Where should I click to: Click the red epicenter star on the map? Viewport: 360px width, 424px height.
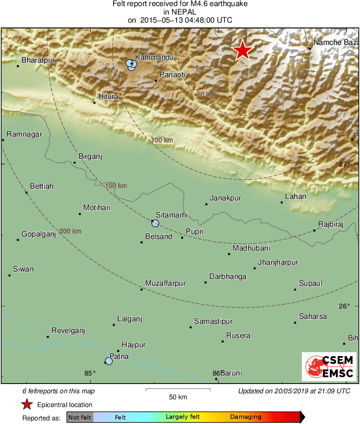click(242, 50)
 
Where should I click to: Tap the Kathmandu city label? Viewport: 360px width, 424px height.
click(154, 57)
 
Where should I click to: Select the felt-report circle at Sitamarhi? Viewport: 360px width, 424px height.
click(155, 223)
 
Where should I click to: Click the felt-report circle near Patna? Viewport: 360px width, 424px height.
click(108, 361)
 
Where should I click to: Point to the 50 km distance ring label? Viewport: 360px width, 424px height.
click(206, 95)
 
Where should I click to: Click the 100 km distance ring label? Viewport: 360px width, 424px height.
click(162, 140)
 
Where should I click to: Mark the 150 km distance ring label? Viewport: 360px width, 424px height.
click(116, 186)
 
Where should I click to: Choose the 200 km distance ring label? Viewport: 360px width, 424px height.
click(70, 232)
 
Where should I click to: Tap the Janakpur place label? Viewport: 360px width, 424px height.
click(225, 198)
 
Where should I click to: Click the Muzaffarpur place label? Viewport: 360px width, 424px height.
click(165, 283)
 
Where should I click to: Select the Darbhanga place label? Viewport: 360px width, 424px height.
click(228, 277)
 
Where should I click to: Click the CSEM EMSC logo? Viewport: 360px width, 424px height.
click(329, 366)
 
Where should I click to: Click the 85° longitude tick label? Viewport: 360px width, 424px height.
click(90, 373)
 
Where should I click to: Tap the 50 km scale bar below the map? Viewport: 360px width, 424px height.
click(178, 390)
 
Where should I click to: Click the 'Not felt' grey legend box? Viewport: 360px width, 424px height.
click(80, 417)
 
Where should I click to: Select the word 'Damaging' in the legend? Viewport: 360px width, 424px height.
click(246, 417)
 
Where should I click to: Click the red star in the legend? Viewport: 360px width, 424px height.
click(27, 404)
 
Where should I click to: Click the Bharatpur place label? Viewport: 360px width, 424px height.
click(38, 60)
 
